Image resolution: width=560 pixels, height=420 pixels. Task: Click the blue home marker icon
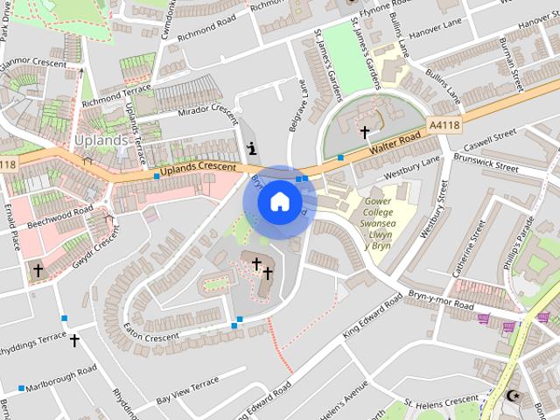click(279, 202)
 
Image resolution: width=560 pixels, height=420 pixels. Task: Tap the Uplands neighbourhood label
click(101, 139)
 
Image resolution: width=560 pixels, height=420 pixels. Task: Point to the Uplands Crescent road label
click(199, 166)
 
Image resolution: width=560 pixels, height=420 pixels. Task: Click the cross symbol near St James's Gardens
click(365, 132)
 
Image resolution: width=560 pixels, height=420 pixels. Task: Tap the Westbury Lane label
click(412, 166)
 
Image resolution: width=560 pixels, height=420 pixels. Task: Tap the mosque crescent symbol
click(512, 395)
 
